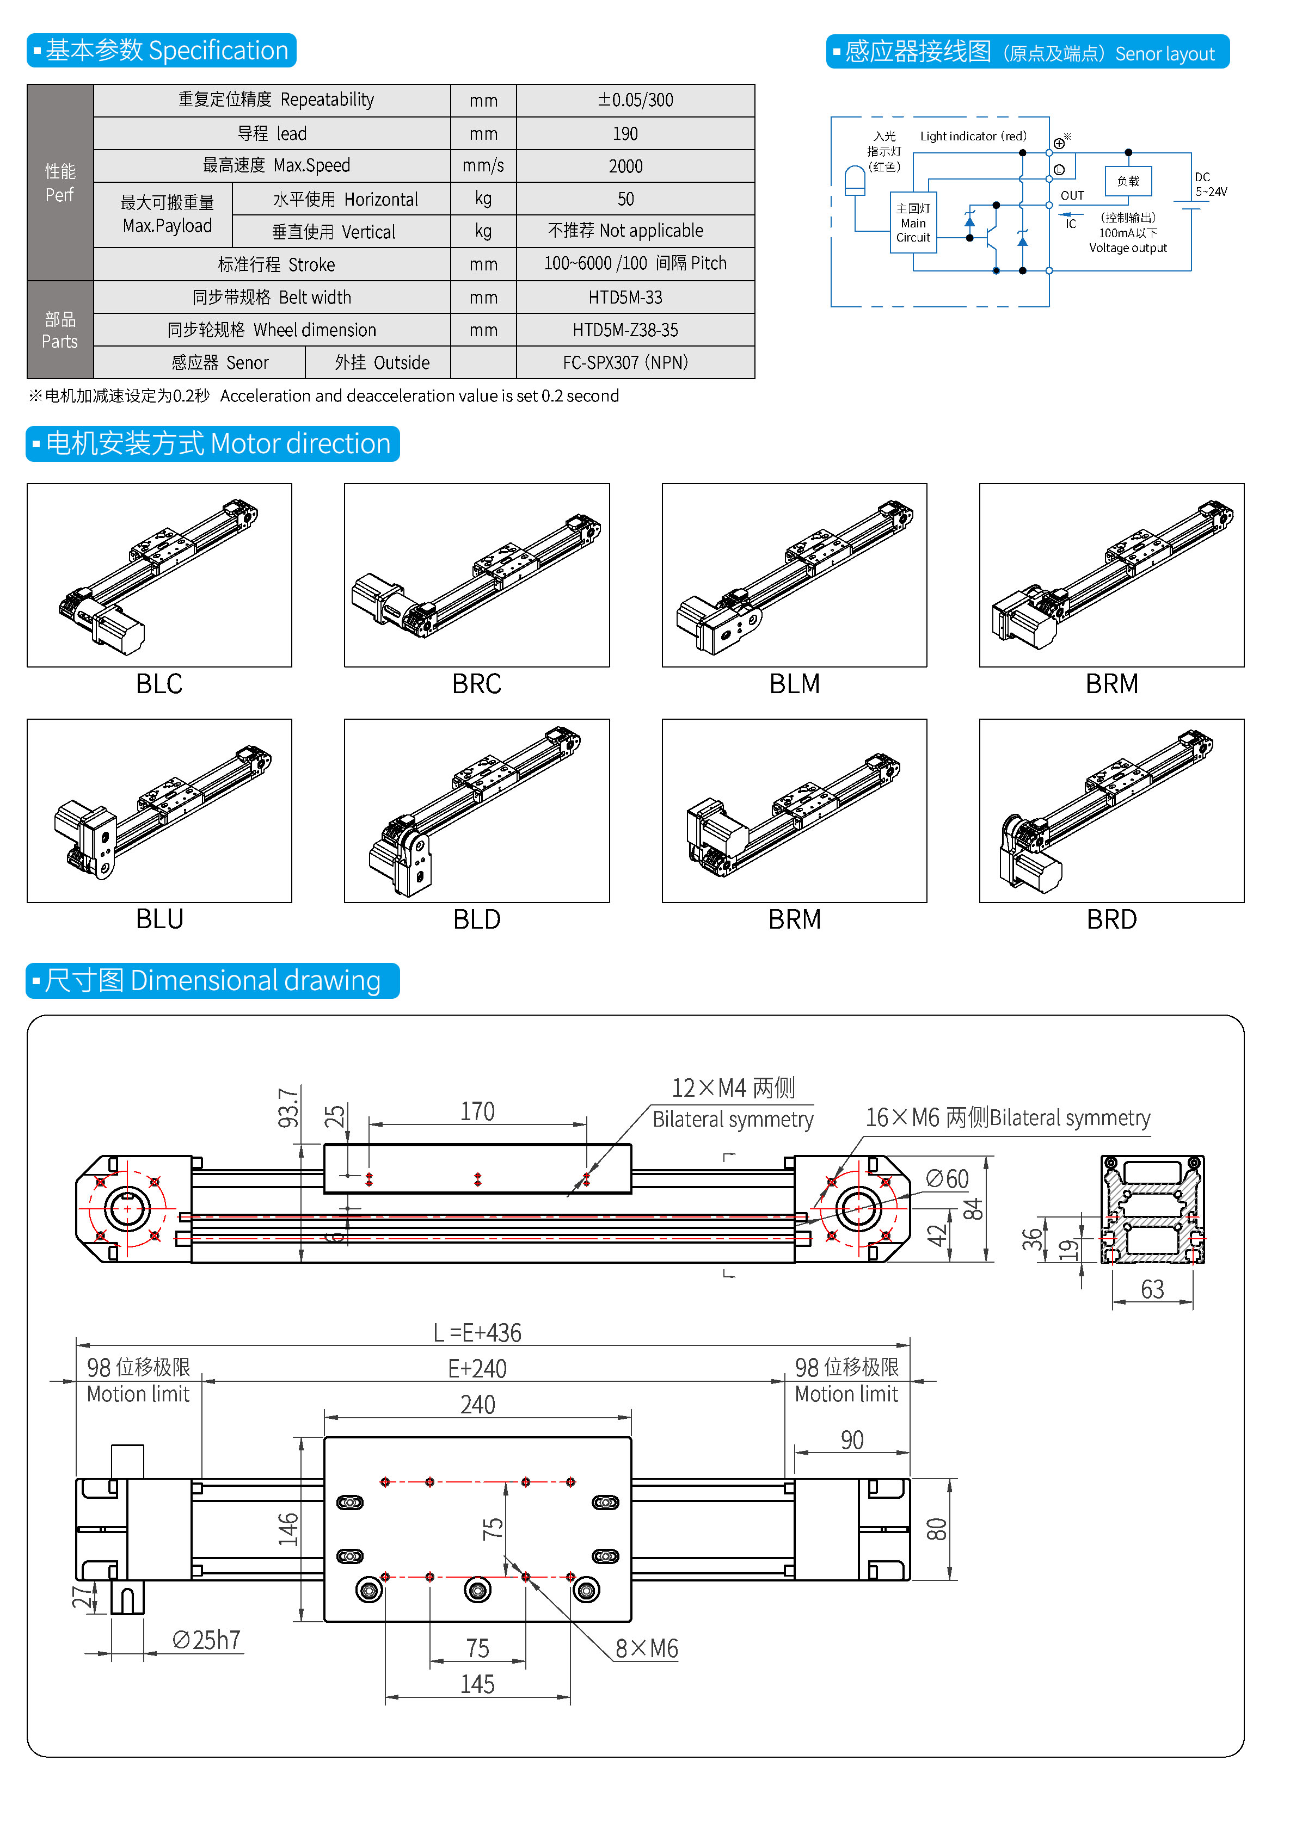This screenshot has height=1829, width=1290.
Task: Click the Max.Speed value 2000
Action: pos(625,166)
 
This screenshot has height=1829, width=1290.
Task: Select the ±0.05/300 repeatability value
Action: pos(635,100)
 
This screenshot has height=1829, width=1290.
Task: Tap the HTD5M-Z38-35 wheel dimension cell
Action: pos(625,330)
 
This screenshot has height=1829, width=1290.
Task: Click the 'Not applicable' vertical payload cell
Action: pos(625,231)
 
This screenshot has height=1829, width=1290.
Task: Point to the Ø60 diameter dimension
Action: pos(947,1179)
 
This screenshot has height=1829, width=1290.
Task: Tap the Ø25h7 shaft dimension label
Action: pos(206,1640)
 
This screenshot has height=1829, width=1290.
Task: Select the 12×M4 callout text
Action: pos(733,1088)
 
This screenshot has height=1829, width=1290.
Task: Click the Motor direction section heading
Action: pos(213,444)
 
